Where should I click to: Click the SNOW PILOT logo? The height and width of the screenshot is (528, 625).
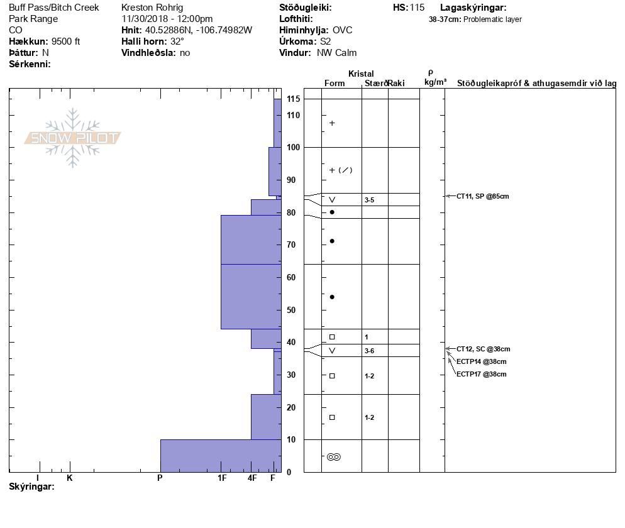[x=72, y=138]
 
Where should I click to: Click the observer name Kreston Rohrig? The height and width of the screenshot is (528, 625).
[x=152, y=8]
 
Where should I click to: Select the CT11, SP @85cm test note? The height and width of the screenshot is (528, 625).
[x=482, y=196]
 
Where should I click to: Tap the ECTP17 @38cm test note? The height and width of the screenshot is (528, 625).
[x=481, y=374]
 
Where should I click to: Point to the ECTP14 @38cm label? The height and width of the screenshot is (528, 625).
[x=481, y=361]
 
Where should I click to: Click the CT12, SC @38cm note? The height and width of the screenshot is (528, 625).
[x=483, y=349]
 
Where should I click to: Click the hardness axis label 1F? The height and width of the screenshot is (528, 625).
[x=221, y=478]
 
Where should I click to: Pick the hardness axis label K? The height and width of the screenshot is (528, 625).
[x=69, y=478]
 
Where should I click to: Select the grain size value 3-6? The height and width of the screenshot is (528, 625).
[x=369, y=351]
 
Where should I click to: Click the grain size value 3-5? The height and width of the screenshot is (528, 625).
[x=369, y=200]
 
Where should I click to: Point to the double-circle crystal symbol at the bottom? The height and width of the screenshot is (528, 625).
[x=333, y=457]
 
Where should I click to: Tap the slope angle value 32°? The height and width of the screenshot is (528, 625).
[x=177, y=41]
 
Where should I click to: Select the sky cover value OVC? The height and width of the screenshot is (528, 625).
[x=342, y=30]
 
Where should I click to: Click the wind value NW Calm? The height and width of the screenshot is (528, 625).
[x=336, y=53]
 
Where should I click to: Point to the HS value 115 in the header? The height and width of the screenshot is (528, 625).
[x=417, y=8]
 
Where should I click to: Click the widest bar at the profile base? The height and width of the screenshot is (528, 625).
[x=220, y=455]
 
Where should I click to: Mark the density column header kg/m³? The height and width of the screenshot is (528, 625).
[x=435, y=82]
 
